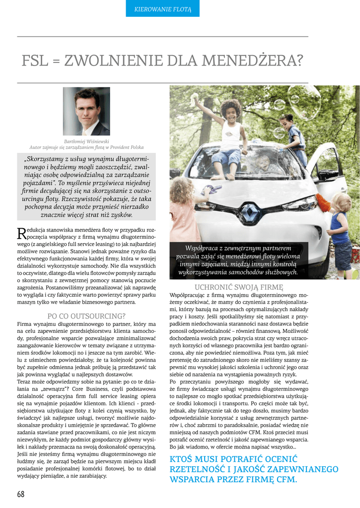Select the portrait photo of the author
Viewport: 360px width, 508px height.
coord(86,112)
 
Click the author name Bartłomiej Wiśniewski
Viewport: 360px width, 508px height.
coord(86,141)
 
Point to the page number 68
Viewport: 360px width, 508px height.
coord(20,494)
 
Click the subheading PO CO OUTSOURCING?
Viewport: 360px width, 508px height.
coord(86,316)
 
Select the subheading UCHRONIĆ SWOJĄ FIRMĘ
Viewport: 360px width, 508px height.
coord(239,287)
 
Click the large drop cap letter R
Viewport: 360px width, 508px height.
coord(21,233)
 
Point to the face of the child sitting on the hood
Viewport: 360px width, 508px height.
coord(232,112)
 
